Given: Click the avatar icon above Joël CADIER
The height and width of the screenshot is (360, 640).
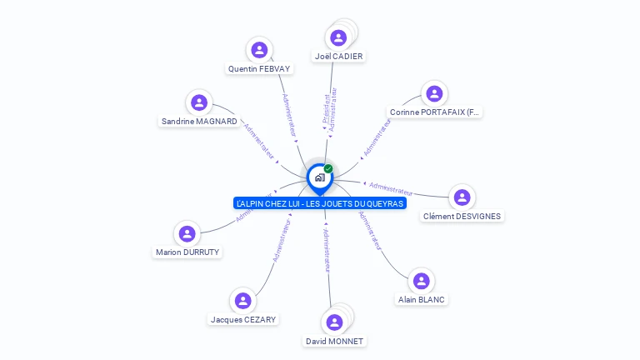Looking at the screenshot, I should coord(338,37).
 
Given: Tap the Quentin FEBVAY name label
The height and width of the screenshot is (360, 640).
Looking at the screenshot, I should coord(260,68).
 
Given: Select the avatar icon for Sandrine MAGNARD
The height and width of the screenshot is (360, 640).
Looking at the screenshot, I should coord(198,102).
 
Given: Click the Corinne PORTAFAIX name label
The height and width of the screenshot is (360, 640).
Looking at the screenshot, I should coord(435,112).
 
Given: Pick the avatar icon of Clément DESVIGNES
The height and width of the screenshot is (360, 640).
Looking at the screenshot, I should coord(462,197).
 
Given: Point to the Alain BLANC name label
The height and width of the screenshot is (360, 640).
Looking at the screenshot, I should coord(421,299).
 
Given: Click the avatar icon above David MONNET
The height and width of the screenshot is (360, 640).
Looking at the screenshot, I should coord(335,322).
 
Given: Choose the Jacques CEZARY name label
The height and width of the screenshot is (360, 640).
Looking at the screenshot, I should coord(243,319).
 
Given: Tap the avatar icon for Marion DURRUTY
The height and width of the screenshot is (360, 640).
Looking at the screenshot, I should coord(187,233).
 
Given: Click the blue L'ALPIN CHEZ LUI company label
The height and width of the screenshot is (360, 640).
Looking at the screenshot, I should coord(320,203).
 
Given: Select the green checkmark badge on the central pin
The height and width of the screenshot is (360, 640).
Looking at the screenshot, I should coord(328,169).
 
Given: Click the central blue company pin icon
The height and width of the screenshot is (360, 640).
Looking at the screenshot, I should coord(319,177).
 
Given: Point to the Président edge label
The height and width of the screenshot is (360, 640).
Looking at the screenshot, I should coord(325,108).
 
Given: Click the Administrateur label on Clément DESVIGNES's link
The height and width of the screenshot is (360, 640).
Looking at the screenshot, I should coord(391,188).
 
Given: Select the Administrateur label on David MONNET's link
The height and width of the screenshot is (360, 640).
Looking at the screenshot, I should coord(327,250).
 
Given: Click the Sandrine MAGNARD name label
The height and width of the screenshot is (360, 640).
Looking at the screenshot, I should coord(199,121).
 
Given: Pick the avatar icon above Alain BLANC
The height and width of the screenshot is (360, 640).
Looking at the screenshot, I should coord(421,281).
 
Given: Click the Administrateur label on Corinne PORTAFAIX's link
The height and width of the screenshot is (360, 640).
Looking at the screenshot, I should coord(377,137).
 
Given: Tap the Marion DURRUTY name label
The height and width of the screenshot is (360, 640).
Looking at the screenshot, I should coord(187,252).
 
